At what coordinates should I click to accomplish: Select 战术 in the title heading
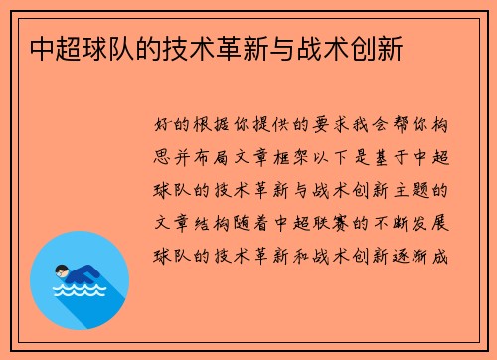coord(328,48)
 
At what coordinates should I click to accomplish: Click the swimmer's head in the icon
coord(63,270)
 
